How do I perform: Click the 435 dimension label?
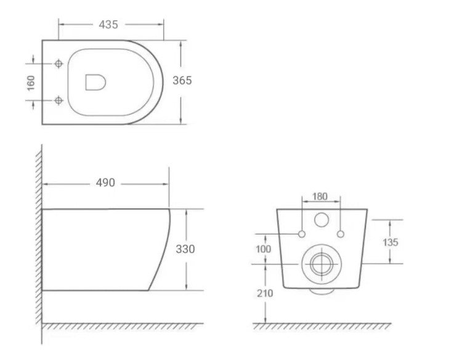point(108,25)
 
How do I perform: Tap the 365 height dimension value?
point(182,81)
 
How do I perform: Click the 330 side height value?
point(185,249)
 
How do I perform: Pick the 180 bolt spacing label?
point(320,197)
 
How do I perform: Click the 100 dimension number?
point(264,249)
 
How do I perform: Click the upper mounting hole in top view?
point(59,63)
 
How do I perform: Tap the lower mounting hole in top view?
point(59,100)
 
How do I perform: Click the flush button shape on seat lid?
point(95,82)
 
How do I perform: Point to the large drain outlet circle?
point(320,264)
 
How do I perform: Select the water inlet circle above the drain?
point(321,220)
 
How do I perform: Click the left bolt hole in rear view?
point(302,234)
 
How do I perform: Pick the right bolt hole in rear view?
point(340,234)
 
